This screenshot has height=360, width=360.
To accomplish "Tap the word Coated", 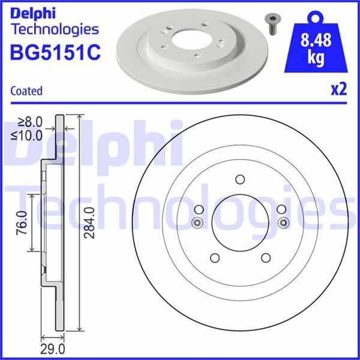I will tap(26, 91).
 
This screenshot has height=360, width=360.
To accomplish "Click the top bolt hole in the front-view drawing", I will tap(239, 179).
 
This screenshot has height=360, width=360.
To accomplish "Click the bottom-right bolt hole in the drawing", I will tap(265, 258).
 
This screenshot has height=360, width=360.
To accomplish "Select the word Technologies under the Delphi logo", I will tap(54, 28).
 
